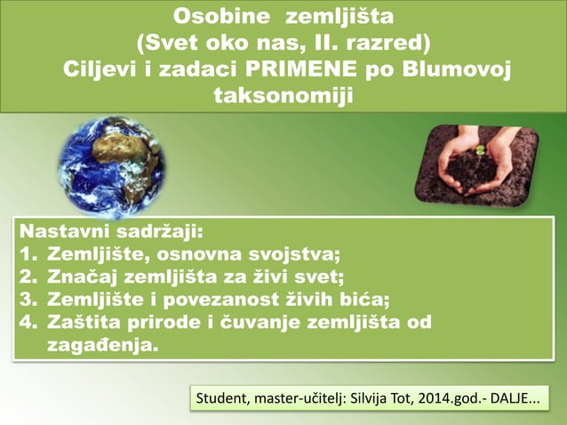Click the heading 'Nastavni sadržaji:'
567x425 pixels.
pyautogui.click(x=111, y=232)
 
